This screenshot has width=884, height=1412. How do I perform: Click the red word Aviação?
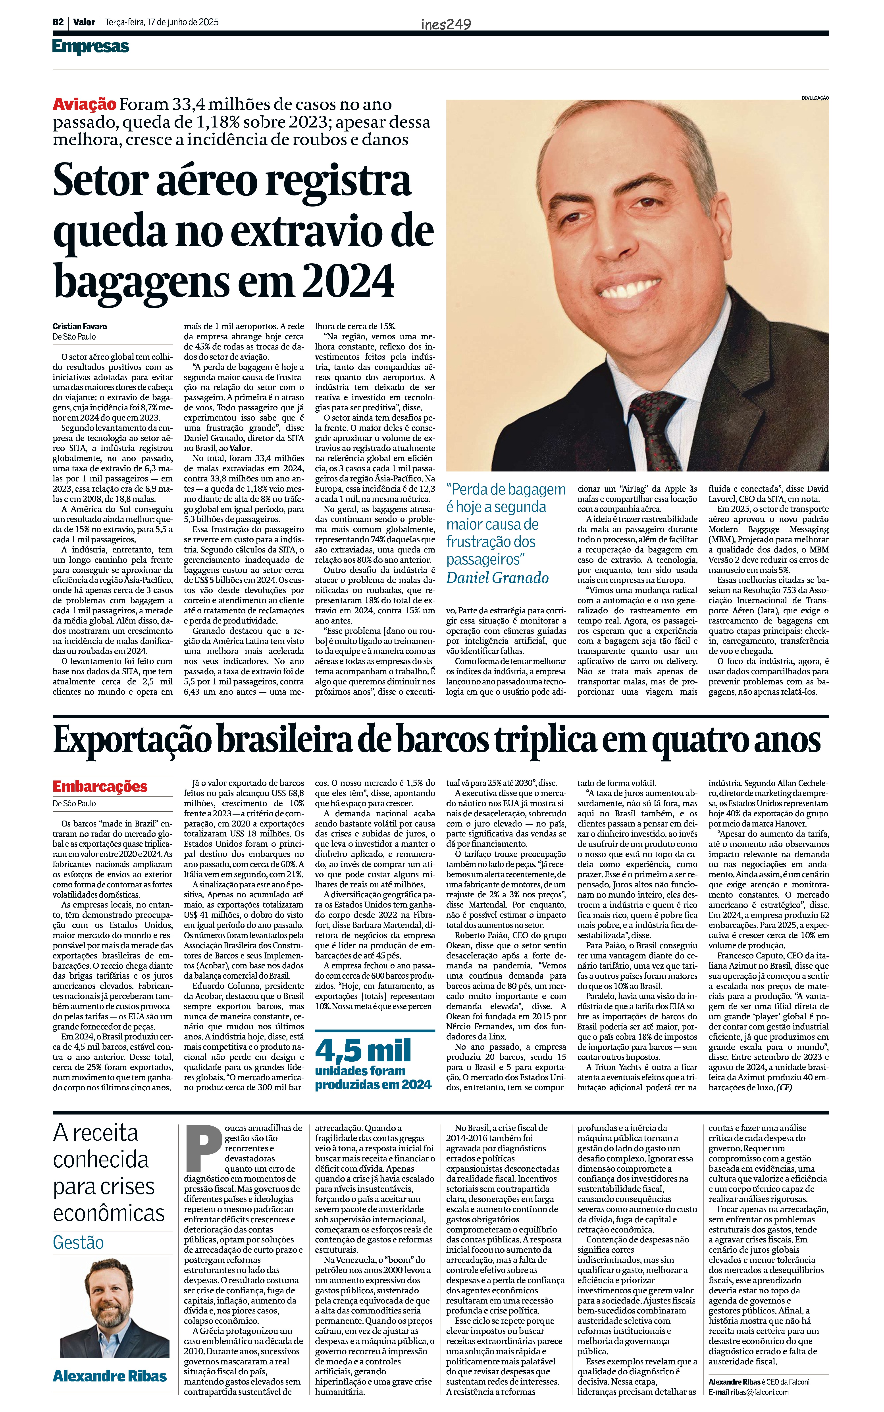coord(84,105)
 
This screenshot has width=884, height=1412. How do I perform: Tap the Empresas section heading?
coord(91,47)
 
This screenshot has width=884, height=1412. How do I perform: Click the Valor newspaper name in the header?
coord(84,22)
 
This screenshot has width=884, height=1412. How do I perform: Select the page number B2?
coord(58,22)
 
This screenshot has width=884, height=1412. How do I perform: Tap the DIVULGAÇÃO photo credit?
coord(815,98)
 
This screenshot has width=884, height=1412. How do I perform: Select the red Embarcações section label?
coord(100,786)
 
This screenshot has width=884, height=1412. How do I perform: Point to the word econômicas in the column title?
coord(109,1213)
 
